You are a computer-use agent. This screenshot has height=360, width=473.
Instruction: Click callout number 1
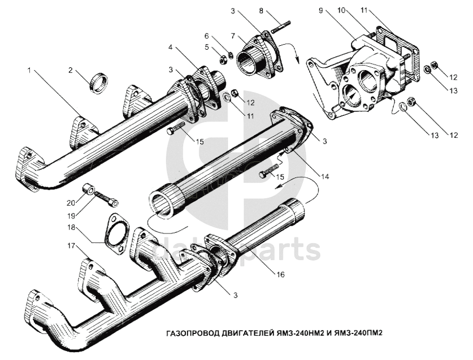point(29,72)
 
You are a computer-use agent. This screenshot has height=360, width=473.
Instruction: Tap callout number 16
point(281,275)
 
